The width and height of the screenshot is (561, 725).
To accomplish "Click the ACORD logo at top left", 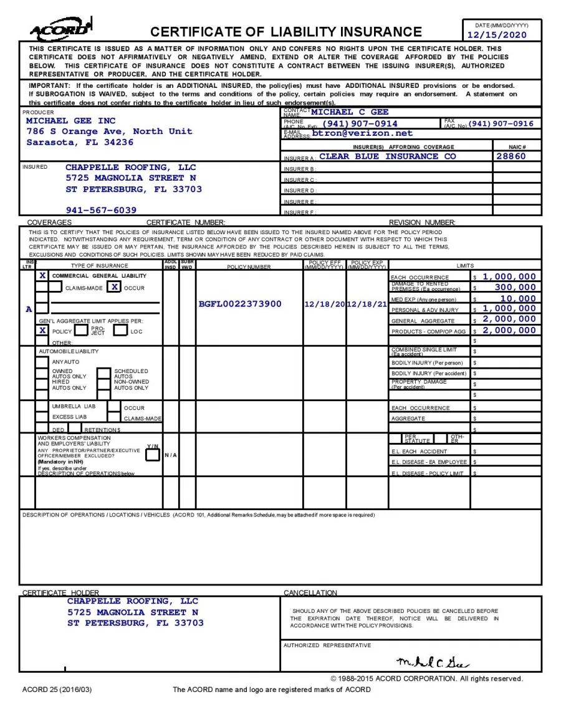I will [62, 29].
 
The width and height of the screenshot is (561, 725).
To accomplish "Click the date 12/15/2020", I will [497, 35].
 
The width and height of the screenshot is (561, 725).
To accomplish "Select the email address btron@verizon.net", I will [362, 133].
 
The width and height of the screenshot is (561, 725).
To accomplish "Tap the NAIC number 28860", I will [511, 156].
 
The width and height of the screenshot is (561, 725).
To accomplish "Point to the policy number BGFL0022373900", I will [240, 304].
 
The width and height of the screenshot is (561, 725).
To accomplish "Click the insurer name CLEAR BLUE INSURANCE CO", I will [387, 156].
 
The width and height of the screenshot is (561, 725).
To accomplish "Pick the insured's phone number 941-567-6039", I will [101, 210].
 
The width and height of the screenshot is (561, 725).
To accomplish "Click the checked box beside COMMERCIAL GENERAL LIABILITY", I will [42, 275].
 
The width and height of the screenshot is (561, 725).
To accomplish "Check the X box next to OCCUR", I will [114, 287].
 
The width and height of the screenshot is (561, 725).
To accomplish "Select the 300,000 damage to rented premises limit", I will [515, 287].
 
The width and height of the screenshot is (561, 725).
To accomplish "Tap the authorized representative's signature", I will [433, 661].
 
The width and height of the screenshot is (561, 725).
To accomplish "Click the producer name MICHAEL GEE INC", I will [70, 120].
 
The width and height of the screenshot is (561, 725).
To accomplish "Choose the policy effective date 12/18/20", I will [325, 304].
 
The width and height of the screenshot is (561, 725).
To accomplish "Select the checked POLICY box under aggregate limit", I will [42, 330].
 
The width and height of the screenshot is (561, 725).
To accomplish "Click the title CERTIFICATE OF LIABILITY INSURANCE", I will [286, 32].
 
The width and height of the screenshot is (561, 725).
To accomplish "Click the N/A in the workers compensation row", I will [171, 455].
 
